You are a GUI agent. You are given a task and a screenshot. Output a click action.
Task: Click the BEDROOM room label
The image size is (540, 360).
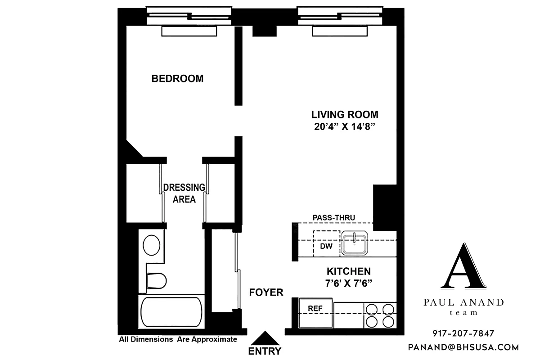click(x=177, y=79)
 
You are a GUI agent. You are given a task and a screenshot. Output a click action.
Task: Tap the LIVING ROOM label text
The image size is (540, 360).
click(x=345, y=114)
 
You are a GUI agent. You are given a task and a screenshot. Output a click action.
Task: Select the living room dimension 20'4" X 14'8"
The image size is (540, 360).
click(x=345, y=126)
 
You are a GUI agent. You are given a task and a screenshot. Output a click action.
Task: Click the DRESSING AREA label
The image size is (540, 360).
click(x=184, y=193)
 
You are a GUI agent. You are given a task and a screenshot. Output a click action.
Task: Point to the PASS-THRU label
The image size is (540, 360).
click(x=334, y=218)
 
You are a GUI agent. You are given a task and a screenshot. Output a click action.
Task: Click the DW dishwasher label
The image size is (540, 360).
click(x=326, y=247)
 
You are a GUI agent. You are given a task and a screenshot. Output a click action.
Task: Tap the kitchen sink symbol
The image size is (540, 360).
click(x=355, y=243)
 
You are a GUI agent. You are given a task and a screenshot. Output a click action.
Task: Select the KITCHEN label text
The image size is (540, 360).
click(x=348, y=271)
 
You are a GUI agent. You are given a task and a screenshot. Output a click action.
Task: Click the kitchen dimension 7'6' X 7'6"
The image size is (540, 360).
click(x=348, y=283)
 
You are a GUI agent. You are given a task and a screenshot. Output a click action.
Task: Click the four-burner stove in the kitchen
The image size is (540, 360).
click(x=380, y=315)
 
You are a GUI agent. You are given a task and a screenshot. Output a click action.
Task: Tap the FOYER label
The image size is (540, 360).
click(x=266, y=292)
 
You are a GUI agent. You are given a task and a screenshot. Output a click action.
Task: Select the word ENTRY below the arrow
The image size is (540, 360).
click(x=265, y=351)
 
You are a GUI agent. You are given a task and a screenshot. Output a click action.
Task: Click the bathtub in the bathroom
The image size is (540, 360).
click(x=171, y=312)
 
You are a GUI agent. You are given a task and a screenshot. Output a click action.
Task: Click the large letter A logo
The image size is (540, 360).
click(x=463, y=266)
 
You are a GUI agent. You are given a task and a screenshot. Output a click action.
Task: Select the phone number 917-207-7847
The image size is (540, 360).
click(x=463, y=333)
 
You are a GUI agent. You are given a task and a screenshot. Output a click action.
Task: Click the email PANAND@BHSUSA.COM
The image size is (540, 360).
click(x=463, y=347)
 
